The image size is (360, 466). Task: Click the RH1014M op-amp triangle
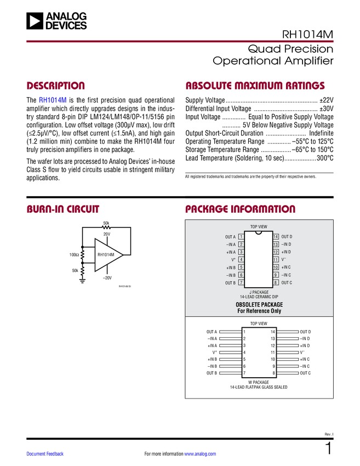tap(106, 255)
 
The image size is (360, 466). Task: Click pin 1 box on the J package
tap(241, 237)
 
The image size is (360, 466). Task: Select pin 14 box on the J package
tap(276, 237)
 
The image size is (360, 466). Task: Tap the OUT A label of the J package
tap(230, 237)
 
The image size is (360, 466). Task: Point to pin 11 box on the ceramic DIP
tap(276, 259)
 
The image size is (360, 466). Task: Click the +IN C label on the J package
tap(286, 267)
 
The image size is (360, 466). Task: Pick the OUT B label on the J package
tap(230, 283)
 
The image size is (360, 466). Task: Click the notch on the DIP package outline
tap(259, 232)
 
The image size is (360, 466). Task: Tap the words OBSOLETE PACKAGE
tap(259, 304)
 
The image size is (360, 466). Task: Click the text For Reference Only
tap(259, 311)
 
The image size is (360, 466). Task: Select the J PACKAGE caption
tap(259, 292)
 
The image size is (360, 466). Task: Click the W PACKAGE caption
tap(259, 382)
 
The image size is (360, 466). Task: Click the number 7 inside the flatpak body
tap(244, 373)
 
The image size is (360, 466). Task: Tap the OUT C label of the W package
tap(305, 373)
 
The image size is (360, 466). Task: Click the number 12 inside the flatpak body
tap(272, 345)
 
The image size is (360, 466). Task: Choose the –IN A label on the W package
tap(212, 339)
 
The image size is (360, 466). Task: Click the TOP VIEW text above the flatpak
tap(259, 323)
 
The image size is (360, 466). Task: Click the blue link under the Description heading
tap(53, 101)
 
